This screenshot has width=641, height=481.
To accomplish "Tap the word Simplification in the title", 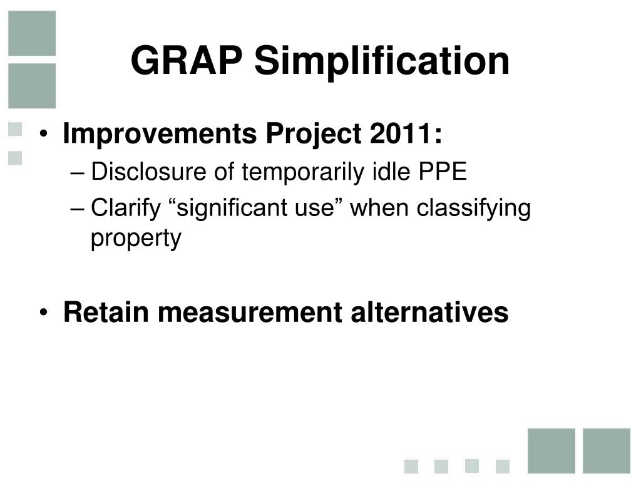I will [382, 63].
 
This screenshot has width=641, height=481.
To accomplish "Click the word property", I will [136, 239].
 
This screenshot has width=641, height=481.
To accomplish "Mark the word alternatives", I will [429, 312].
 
